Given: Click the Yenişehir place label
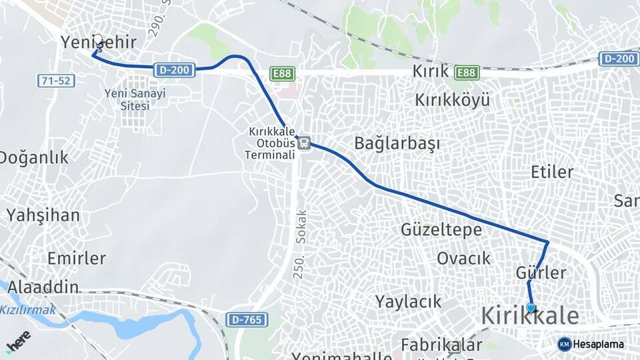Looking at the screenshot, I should [99, 42].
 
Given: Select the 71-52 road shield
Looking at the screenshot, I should [55, 81].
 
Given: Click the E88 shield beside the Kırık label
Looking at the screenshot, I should [467, 73].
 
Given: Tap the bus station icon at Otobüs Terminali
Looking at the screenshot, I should [304, 142].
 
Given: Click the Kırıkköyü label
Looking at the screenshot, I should [453, 101].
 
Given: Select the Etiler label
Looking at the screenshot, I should [552, 172].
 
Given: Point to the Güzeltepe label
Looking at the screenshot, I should [441, 230].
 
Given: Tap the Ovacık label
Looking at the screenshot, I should [463, 259].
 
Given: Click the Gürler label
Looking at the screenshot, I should [541, 273].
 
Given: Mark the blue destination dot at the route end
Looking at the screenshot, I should [531, 308].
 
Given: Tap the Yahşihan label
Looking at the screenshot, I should [43, 215].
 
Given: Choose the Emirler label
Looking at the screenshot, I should [77, 258].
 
